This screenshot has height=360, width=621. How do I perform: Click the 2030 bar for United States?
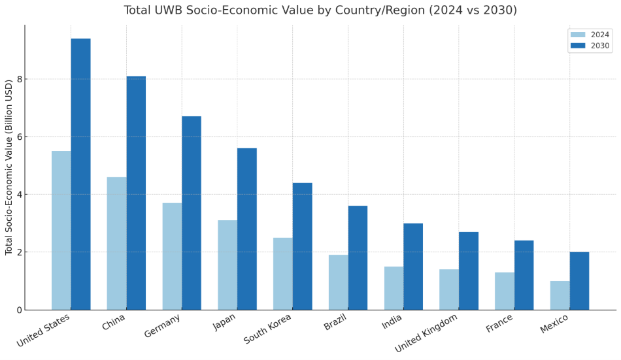click(80, 174)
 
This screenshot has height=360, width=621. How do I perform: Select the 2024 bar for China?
click(117, 243)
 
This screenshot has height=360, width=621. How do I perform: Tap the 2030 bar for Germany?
click(192, 213)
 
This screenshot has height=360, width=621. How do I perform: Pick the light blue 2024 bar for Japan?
click(227, 265)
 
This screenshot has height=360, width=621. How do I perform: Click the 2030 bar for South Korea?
click(302, 246)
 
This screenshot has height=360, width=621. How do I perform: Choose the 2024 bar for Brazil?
click(338, 282)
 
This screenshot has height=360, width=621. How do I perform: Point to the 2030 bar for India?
click(413, 267)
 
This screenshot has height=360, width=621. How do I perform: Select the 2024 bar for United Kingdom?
click(449, 289)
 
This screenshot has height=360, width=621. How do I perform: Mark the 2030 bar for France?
click(524, 275)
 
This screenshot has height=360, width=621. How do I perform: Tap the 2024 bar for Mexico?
click(560, 295)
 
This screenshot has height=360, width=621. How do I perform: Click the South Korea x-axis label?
click(268, 329)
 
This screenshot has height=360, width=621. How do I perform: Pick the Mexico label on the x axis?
click(554, 323)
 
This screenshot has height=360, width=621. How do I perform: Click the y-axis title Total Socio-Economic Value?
click(9, 167)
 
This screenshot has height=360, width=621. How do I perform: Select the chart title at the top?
click(320, 10)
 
